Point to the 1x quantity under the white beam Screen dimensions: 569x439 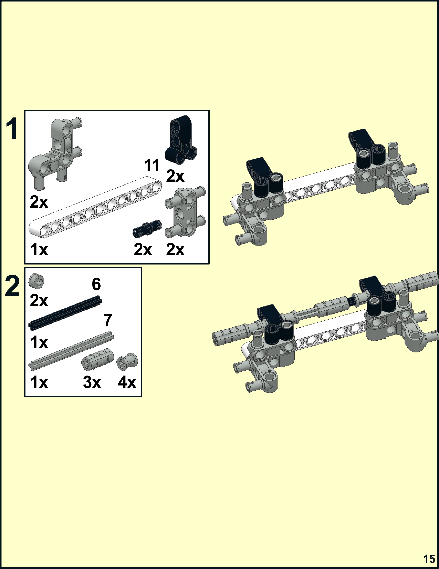(x=39, y=249)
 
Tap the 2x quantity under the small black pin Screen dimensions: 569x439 (x=143, y=249)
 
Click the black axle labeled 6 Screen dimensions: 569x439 (x=65, y=313)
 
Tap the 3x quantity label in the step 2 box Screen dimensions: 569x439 (x=92, y=382)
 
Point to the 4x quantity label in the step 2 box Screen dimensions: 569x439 (x=127, y=382)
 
